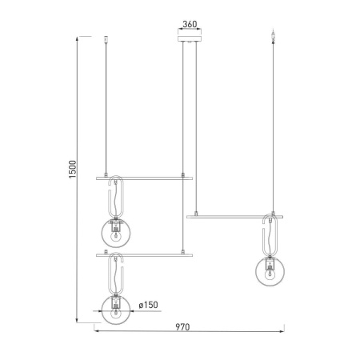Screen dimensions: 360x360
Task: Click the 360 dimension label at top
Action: tap(190, 24)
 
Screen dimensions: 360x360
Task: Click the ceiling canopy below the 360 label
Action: tap(190, 36)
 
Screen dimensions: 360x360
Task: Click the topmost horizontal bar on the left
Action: tap(144, 176)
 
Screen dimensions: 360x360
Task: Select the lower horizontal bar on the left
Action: tap(144, 255)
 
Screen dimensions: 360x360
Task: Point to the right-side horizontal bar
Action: tap(236, 216)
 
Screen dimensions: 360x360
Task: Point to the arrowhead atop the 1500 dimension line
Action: tap(77, 37)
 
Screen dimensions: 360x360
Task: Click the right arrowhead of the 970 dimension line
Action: tap(285, 329)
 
